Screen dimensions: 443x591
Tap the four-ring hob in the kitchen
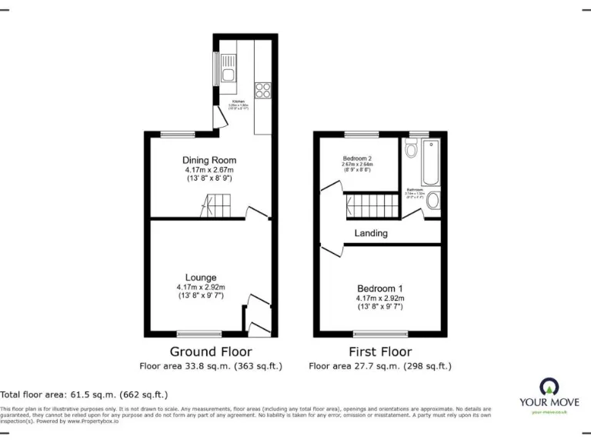point(262,89)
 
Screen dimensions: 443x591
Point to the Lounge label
point(200,278)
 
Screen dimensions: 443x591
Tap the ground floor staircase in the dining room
point(216,205)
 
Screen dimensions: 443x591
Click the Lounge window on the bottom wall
point(199,335)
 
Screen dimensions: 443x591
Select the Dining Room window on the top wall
point(178,134)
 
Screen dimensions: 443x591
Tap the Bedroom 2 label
point(357,159)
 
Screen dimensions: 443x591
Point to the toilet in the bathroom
point(413,149)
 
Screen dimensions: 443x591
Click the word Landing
point(371,233)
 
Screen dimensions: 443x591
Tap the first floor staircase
point(371,206)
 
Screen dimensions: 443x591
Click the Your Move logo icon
point(549,386)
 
